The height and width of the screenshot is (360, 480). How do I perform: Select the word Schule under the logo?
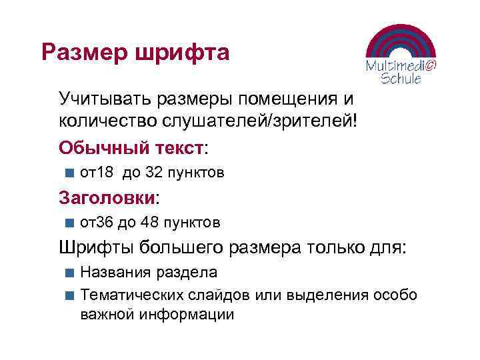pyautogui.click(x=401, y=79)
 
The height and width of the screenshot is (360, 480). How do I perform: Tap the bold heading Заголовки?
pyautogui.click(x=106, y=197)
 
